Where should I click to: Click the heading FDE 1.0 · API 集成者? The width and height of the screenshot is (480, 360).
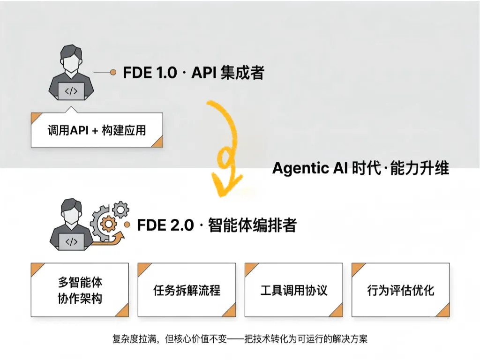pos(194,73)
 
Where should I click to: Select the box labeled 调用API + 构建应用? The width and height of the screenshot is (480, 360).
pos(97,130)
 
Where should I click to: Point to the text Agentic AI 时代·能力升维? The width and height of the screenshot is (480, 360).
pos(360,168)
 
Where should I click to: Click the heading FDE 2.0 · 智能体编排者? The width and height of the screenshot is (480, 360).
pos(217,225)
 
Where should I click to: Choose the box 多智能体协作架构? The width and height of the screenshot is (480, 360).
pos(80,290)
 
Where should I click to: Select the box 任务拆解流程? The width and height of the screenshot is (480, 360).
pos(187,290)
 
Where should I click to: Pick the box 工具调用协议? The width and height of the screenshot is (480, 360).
pos(293,290)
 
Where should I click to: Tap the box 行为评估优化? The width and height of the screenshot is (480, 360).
pos(401,290)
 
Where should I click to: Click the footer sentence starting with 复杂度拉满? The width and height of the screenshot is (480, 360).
pos(240,339)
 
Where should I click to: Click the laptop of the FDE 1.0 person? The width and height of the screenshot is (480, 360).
pos(71,91)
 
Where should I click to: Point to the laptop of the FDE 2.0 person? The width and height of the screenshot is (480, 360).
pos(72,242)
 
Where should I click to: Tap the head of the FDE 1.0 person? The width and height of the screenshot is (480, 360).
pos(71,58)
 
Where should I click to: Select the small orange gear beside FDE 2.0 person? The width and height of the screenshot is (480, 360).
pos(108,224)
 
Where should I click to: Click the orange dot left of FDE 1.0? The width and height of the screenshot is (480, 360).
pos(113,72)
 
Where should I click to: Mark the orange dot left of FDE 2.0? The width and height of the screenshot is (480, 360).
pos(127,225)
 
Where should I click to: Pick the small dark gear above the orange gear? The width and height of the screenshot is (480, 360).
pos(120,210)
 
